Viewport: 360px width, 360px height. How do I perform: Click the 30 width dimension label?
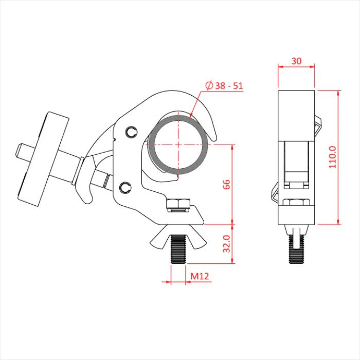pyautogui.click(x=296, y=61)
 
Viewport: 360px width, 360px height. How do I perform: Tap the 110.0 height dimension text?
pyautogui.click(x=333, y=157)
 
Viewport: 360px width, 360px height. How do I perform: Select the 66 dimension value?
pyautogui.click(x=226, y=185)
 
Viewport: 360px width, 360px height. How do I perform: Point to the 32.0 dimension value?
pyautogui.click(x=227, y=244)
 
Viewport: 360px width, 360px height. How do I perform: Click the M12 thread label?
pyautogui.click(x=200, y=276)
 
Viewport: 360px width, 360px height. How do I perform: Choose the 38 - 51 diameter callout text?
pyautogui.click(x=229, y=86)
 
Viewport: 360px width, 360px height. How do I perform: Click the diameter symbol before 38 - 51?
pyautogui.click(x=209, y=85)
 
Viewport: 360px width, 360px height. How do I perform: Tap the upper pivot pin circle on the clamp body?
pyautogui.click(x=132, y=132)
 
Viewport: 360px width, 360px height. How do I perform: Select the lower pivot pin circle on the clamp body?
pyautogui.click(x=125, y=188)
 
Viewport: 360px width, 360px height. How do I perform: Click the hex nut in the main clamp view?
pyautogui.click(x=178, y=204)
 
